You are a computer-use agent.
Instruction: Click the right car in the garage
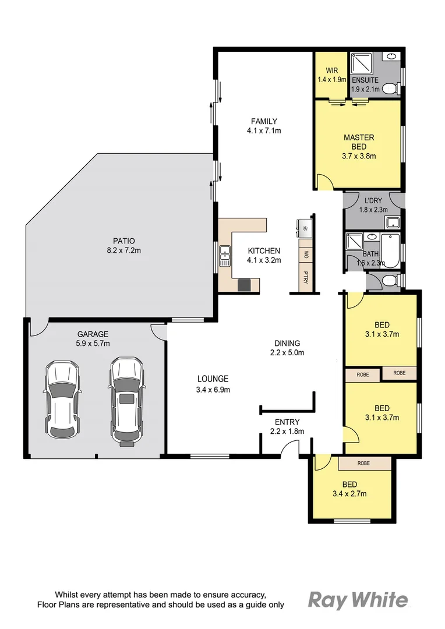point(125,400)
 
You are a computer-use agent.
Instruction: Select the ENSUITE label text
point(365,80)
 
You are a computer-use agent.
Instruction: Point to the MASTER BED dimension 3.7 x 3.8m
point(359,156)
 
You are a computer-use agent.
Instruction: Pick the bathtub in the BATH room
point(390,250)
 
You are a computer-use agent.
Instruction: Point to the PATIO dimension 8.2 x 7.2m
point(124,250)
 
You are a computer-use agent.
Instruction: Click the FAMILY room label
point(264,121)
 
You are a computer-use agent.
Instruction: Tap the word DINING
point(287,343)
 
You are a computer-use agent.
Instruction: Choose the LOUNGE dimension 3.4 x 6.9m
point(213,389)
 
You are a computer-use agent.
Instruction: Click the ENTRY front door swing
point(289,448)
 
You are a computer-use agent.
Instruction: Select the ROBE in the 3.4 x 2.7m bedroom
point(364,463)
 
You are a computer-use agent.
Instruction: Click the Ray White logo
point(358,599)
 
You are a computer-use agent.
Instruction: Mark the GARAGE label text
point(93,334)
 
